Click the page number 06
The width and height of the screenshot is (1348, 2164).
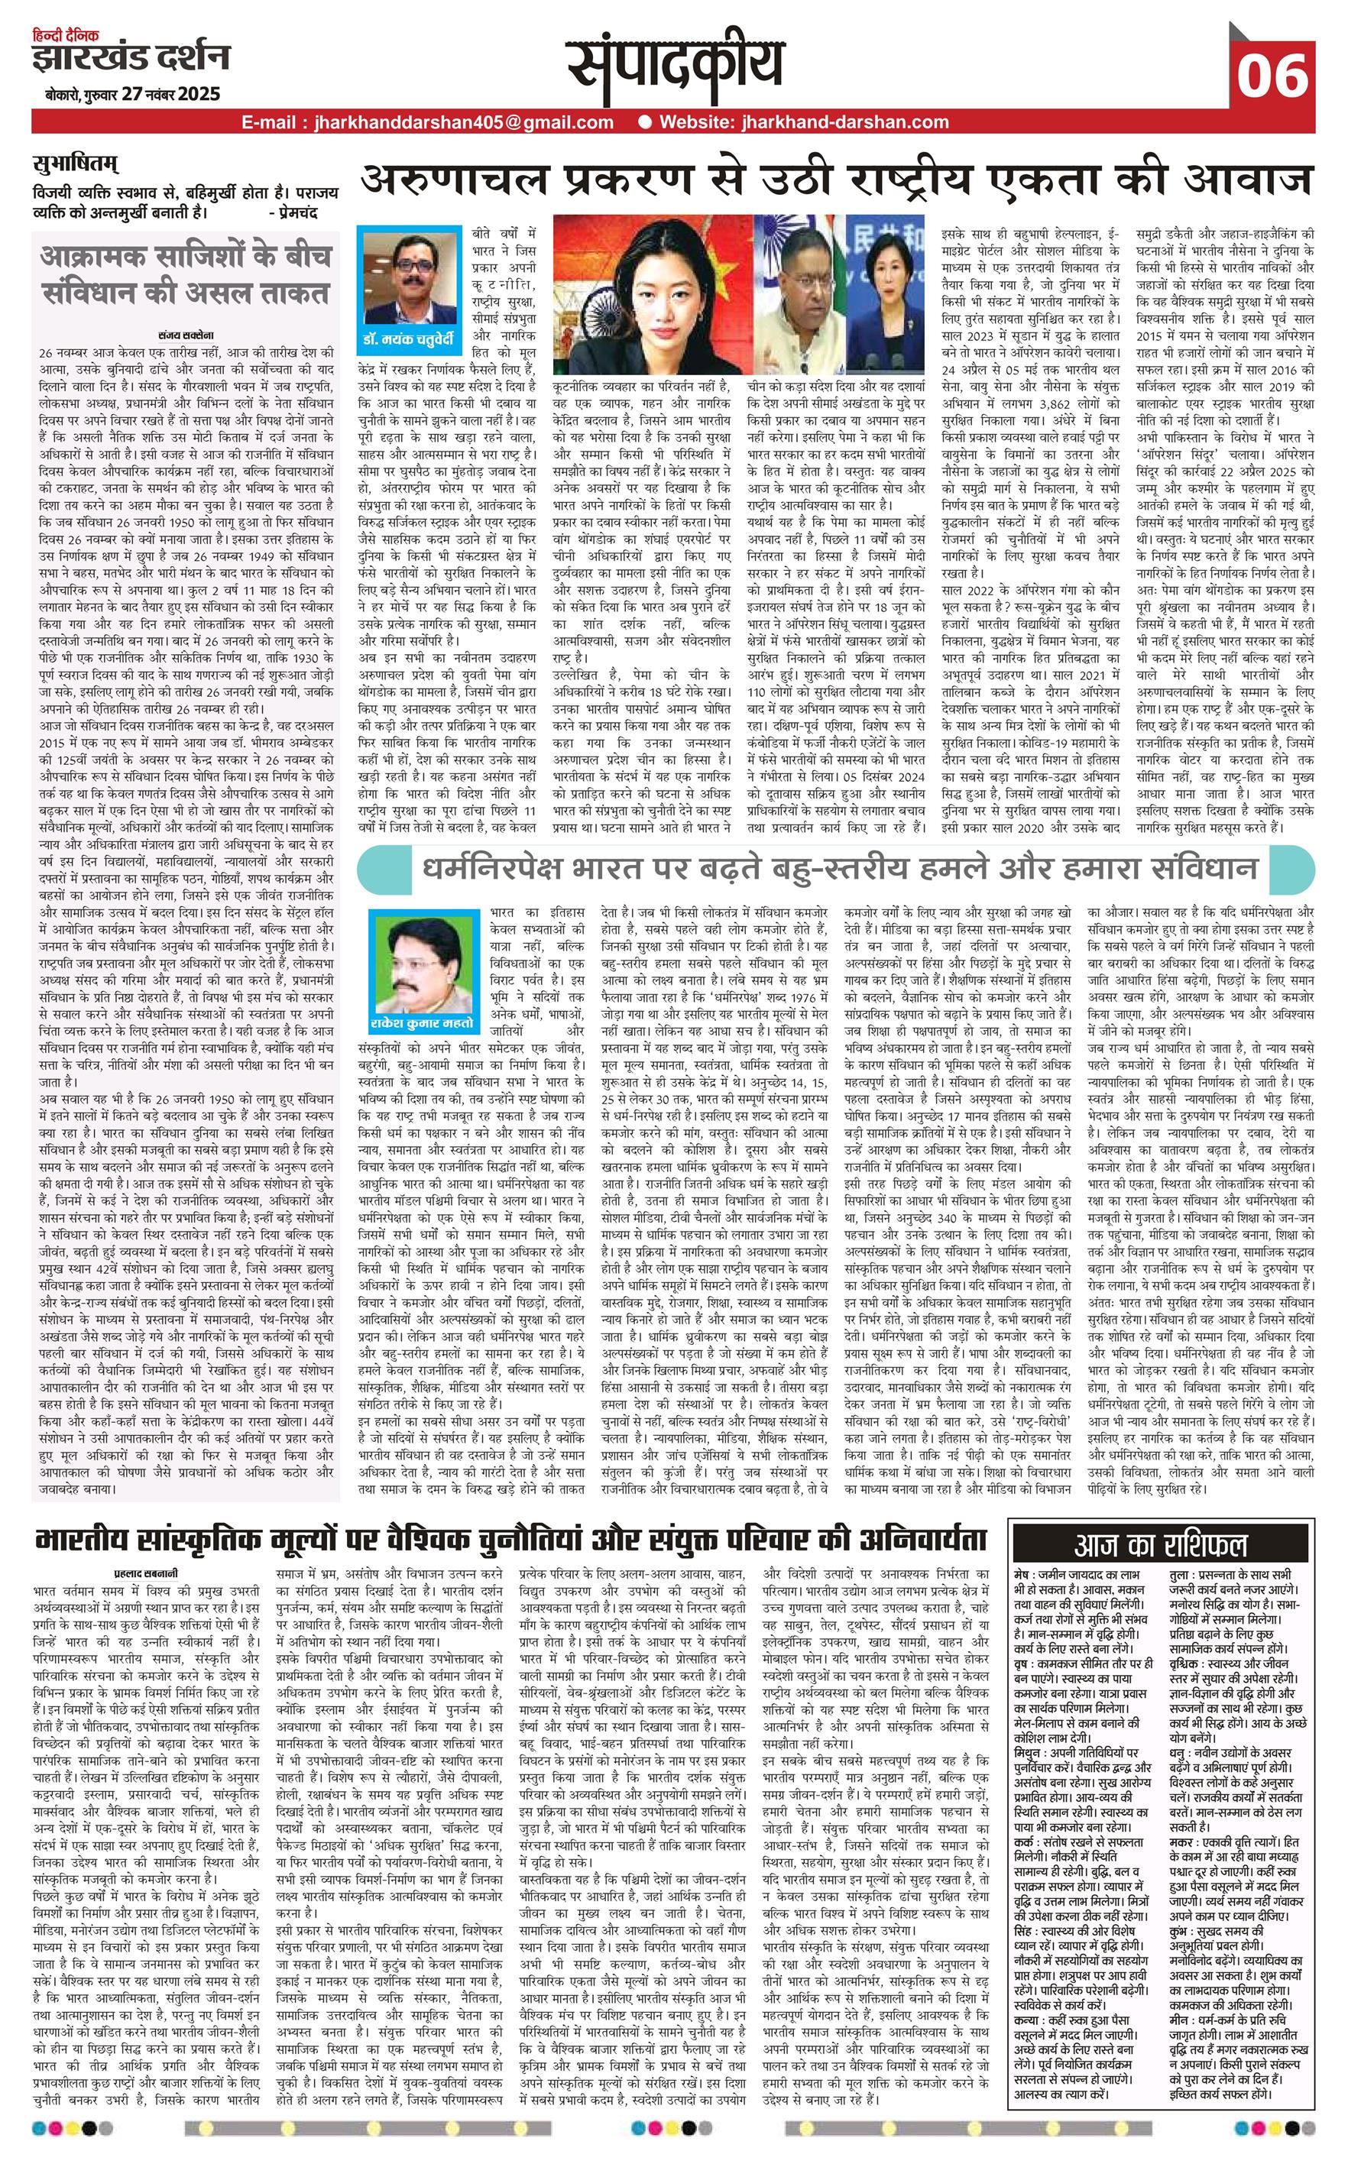point(1272,75)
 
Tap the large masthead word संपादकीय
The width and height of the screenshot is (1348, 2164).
point(675,65)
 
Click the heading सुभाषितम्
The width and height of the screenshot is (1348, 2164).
point(75,164)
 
